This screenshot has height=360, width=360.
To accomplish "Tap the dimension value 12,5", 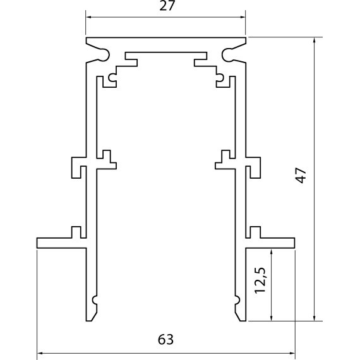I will pos(259,284).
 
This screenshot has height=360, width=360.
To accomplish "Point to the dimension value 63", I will pos(165,339).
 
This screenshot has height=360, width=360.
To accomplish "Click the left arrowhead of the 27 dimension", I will pos(88,18).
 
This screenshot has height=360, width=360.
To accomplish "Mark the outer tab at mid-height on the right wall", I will pos(254,166).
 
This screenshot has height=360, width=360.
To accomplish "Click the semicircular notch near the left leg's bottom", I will pos(95,299).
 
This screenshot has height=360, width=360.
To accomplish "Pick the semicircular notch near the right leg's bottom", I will pos(237,299).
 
